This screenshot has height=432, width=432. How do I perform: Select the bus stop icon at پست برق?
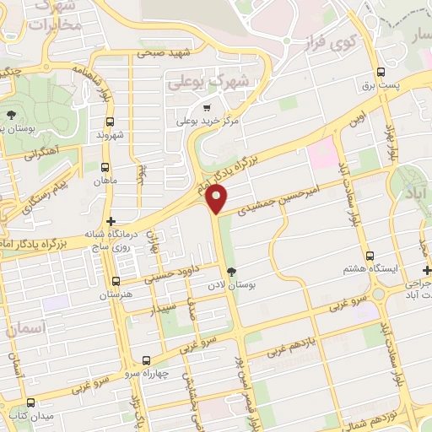click(382, 72)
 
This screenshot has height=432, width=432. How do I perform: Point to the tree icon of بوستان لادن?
click(230, 270)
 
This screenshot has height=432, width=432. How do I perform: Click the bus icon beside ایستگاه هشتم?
click(370, 255)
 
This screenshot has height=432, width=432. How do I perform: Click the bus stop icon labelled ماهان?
click(105, 167)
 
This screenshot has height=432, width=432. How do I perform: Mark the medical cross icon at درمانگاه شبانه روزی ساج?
click(111, 221)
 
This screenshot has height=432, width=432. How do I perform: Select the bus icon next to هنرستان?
click(116, 281)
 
